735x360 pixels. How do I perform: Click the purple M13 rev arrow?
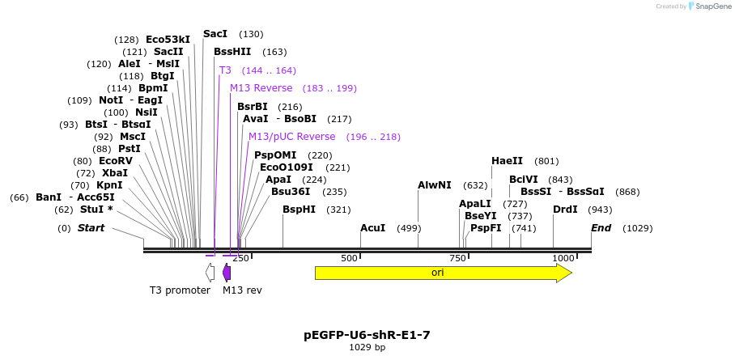(227, 273)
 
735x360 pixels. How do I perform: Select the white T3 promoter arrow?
(210, 273)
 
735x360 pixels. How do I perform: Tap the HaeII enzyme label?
(507, 161)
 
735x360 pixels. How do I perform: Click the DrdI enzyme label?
(565, 210)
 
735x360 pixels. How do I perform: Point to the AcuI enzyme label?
(372, 228)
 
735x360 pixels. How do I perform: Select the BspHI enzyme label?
(299, 210)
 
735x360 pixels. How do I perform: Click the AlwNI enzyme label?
(435, 185)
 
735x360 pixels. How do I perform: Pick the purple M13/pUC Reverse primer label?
(291, 137)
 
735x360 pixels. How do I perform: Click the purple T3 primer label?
(225, 70)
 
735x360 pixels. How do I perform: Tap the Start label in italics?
(91, 228)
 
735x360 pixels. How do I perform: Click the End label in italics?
(601, 228)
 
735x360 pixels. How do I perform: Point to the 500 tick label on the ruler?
(349, 258)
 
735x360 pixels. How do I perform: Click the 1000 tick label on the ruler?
(563, 258)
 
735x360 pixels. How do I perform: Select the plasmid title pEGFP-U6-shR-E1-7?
(367, 334)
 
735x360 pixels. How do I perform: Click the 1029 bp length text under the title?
(367, 347)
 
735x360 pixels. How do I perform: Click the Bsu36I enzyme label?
(291, 192)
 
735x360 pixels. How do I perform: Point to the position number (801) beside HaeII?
(546, 161)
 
